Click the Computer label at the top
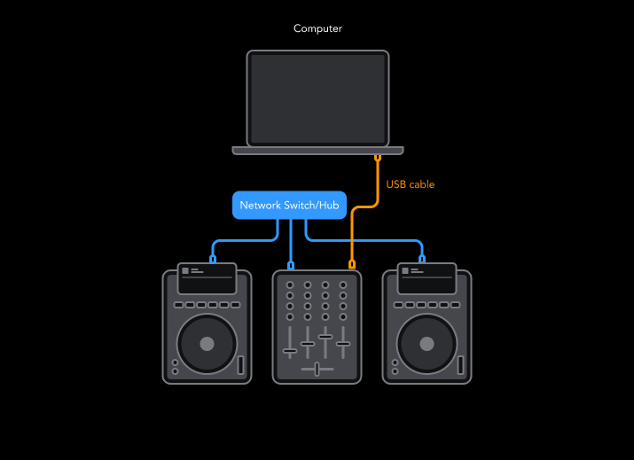(x=317, y=29)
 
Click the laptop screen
(x=317, y=97)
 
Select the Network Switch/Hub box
(x=289, y=205)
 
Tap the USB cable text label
(x=411, y=184)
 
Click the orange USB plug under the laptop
(x=378, y=160)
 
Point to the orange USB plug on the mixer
(x=352, y=264)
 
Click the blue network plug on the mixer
(x=291, y=265)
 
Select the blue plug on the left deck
(x=213, y=259)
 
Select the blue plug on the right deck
(x=422, y=259)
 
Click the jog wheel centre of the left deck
(x=207, y=343)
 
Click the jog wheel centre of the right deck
(x=427, y=343)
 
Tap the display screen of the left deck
(x=207, y=278)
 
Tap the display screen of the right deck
(x=427, y=278)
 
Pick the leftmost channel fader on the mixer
(x=290, y=351)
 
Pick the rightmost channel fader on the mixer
(x=343, y=343)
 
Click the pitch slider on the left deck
(x=239, y=364)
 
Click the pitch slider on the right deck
(x=459, y=364)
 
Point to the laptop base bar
(x=317, y=151)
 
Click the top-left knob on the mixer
(x=290, y=285)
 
